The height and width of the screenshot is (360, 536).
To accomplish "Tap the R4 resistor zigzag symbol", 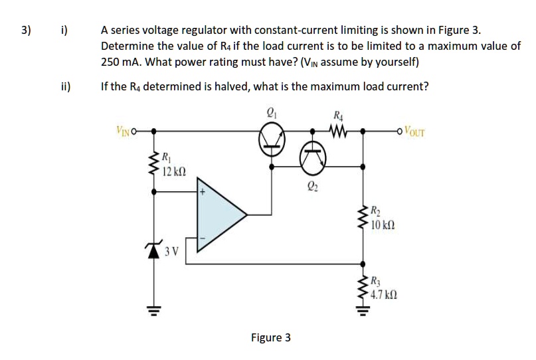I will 339,130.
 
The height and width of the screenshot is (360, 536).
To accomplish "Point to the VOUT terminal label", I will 414,130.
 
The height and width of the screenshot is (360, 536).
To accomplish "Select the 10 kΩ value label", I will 385,226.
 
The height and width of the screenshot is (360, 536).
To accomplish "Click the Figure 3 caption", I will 270,337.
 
